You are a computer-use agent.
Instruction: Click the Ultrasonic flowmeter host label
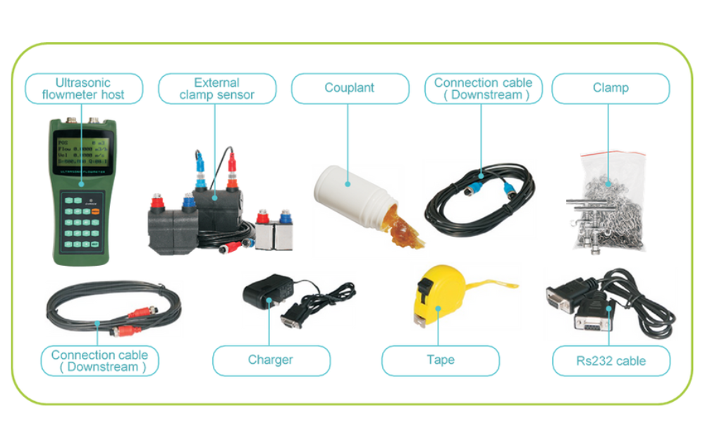click(84, 89)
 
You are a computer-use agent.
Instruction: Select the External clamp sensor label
click(216, 89)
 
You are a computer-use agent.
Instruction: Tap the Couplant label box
click(350, 89)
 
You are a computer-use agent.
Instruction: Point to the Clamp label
click(611, 89)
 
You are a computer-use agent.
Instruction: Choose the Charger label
click(271, 360)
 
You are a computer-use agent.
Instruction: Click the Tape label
click(440, 360)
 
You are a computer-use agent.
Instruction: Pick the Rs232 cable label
click(611, 361)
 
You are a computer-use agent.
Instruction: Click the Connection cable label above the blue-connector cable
click(483, 89)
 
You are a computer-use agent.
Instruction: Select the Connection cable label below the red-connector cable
click(99, 361)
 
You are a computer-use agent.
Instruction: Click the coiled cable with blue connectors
click(479, 197)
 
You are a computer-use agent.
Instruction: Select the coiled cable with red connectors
click(113, 310)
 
